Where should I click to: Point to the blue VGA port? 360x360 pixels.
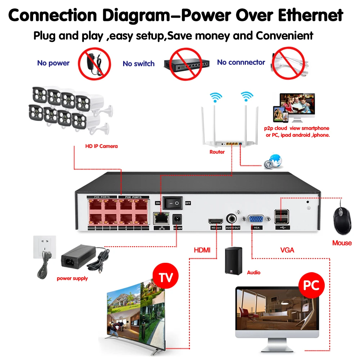pos(256,220)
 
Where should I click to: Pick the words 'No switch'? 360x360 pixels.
pos(139,64)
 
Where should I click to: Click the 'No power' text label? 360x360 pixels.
pos(53,63)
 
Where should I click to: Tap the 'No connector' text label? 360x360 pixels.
pos(241,62)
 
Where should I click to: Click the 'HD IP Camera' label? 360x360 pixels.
pos(101,146)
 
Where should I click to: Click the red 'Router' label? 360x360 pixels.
pos(217,152)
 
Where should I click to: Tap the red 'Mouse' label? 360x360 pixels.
pos(342,243)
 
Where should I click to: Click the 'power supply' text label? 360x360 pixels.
pos(72,278)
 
